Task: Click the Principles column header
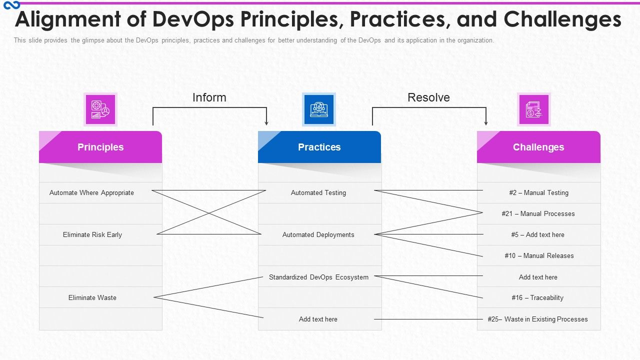point(100,147)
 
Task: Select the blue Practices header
point(319,147)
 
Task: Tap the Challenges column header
point(538,147)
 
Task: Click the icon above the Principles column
point(100,109)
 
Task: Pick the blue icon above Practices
point(319,109)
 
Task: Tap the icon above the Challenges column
point(533,109)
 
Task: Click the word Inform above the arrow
point(209,97)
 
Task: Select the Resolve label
point(428,97)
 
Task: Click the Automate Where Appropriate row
point(91,192)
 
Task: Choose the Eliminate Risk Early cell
point(92,234)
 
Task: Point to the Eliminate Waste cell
point(92,297)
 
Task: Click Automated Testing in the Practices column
point(318,192)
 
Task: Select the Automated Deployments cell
point(318,234)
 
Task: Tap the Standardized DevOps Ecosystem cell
point(318,277)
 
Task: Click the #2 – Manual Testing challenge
point(538,192)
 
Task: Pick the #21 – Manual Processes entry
point(538,213)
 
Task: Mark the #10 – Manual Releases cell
point(538,255)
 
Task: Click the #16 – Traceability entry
point(537,297)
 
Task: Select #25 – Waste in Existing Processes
point(538,319)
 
